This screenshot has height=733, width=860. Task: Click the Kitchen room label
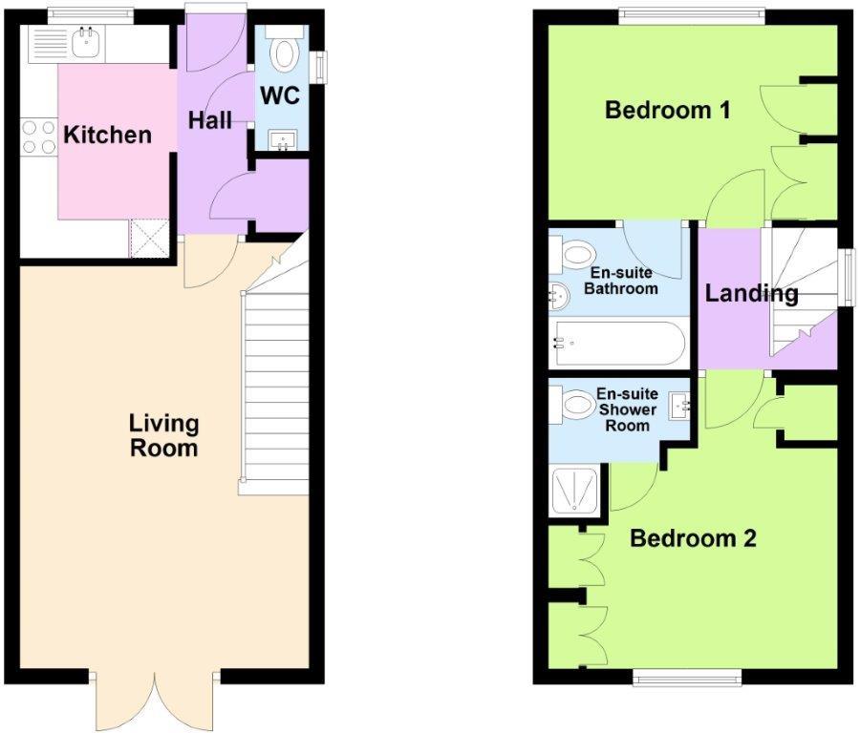(x=107, y=135)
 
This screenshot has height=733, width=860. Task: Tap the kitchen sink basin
(x=86, y=42)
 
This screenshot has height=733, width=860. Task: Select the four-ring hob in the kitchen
(x=39, y=136)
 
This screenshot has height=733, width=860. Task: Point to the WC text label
(x=280, y=95)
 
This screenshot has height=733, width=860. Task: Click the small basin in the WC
(x=284, y=139)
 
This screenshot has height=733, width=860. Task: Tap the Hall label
(x=209, y=120)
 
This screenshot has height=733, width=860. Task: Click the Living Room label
(x=163, y=435)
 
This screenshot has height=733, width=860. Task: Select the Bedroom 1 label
(x=668, y=110)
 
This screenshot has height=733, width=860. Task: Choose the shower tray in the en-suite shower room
(x=575, y=492)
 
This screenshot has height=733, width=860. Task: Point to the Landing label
(x=751, y=294)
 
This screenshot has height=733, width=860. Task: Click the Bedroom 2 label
(x=694, y=538)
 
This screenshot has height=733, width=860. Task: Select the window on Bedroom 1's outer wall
(x=692, y=16)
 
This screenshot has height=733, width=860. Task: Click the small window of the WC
(x=317, y=67)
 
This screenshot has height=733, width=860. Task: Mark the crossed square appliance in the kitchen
(x=150, y=239)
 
